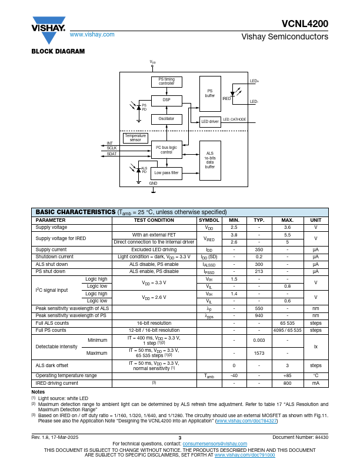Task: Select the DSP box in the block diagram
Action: pyautogui.click(x=166, y=101)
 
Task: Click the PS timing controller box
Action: pyautogui.click(x=166, y=82)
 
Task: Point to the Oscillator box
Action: pyautogui.click(x=166, y=119)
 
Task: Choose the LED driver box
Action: pyautogui.click(x=210, y=122)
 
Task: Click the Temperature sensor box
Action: pyautogui.click(x=135, y=138)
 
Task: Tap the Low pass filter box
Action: pyautogui.click(x=166, y=173)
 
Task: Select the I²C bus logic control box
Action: pyautogui.click(x=166, y=149)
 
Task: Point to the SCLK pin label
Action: pyautogui.click(x=111, y=148)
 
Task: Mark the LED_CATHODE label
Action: pyautogui.click(x=234, y=119)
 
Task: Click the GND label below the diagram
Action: pyautogui.click(x=153, y=184)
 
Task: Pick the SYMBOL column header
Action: pyautogui.click(x=209, y=220)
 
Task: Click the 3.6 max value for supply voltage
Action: pyautogui.click(x=287, y=227)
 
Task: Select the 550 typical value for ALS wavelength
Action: pyautogui.click(x=258, y=308)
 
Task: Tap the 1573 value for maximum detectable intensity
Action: pyautogui.click(x=258, y=353)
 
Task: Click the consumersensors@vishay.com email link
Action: pyautogui.click(x=215, y=443)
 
